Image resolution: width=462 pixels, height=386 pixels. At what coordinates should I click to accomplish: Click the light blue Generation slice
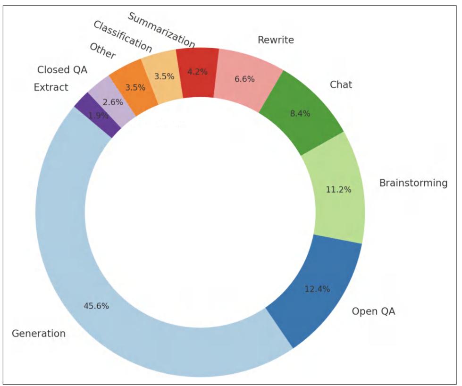[x=71, y=264]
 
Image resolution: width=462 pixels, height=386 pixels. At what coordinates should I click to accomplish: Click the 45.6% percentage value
[x=96, y=306]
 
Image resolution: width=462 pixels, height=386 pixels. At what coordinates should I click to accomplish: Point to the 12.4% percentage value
[x=317, y=289]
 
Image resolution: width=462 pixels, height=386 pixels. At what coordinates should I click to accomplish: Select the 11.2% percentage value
[x=338, y=190]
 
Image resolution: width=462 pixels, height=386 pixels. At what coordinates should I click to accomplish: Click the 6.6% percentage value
[x=244, y=79]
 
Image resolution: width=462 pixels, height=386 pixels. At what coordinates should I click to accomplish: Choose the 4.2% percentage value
[x=198, y=72]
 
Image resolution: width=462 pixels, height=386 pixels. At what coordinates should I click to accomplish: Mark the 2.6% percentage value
[x=113, y=101]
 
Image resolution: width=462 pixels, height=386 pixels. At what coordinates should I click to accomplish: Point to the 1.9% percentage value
[x=98, y=115]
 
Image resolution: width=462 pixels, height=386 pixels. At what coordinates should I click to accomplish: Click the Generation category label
[x=39, y=334]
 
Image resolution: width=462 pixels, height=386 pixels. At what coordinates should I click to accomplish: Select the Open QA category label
[x=373, y=311]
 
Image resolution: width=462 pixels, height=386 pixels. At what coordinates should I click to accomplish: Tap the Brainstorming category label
[x=413, y=183]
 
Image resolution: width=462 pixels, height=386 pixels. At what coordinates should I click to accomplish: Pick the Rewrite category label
[x=276, y=40]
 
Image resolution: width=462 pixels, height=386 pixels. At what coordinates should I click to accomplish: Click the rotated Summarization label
[x=161, y=30]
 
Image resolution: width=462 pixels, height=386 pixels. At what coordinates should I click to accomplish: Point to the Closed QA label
[x=62, y=70]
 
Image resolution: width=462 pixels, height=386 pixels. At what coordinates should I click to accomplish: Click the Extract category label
[x=51, y=87]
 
